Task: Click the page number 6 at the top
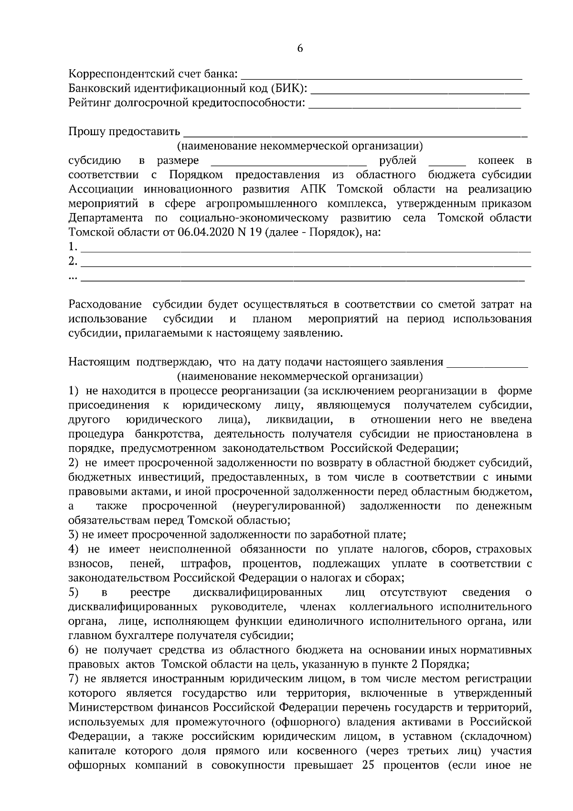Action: point(300,48)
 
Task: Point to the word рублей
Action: point(398,160)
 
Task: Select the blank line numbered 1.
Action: point(306,249)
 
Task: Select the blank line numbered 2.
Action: point(306,264)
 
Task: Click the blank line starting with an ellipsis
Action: point(303,278)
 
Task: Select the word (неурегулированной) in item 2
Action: point(288,505)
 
